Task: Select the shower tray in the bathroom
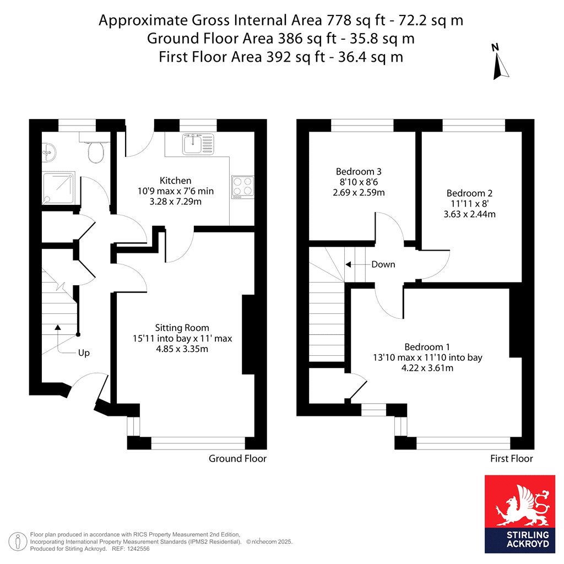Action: click(58, 188)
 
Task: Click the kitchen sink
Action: click(198, 144)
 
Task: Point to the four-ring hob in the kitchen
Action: click(243, 187)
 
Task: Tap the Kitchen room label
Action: click(176, 181)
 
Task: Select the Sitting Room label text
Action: click(182, 328)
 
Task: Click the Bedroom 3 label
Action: click(359, 172)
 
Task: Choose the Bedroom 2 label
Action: click(469, 193)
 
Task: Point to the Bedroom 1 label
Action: click(427, 347)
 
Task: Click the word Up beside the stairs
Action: click(84, 353)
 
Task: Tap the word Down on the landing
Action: click(383, 264)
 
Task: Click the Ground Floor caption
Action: click(237, 459)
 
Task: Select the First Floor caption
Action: click(512, 459)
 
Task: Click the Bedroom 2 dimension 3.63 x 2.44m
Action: click(469, 214)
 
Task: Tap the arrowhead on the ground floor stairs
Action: click(57, 327)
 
